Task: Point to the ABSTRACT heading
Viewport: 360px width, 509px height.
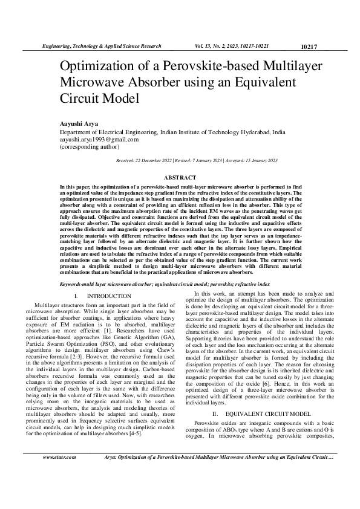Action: pyautogui.click(x=180, y=178)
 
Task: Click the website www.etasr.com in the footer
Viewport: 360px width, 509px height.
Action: pyautogui.click(x=59, y=491)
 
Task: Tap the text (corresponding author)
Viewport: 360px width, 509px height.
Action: pyautogui.click(x=90, y=146)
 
